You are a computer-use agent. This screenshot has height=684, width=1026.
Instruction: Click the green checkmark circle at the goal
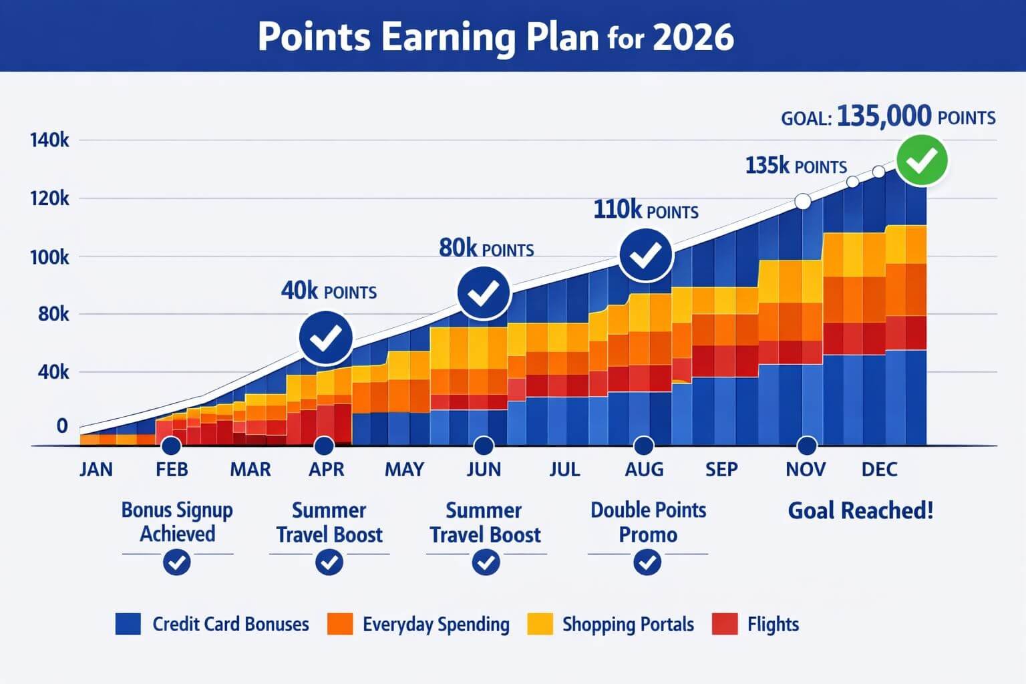point(922,160)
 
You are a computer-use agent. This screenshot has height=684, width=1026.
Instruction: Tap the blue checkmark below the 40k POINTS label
point(325,339)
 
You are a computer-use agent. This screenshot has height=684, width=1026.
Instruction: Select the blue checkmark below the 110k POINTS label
point(645,254)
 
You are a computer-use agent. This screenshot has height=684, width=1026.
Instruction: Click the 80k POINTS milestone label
point(486,248)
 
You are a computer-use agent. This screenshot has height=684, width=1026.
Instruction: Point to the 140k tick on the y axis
point(49,140)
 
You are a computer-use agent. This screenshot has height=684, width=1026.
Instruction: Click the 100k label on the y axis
point(49,256)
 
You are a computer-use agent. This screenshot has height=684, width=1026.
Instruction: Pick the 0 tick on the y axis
point(61,425)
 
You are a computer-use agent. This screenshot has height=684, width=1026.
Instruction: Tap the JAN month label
point(96,470)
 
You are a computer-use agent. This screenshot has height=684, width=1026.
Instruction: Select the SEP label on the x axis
point(721,470)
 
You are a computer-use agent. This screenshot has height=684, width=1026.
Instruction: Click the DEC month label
point(879,470)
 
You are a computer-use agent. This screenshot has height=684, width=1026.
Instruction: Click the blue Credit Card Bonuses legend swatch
point(128,624)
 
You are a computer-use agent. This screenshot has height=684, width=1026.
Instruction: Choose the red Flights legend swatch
point(725,624)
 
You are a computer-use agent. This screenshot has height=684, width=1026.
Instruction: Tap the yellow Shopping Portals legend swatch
point(540,624)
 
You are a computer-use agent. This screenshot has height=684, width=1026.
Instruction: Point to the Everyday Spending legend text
point(436,625)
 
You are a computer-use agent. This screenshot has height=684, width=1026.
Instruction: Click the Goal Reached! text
point(860,511)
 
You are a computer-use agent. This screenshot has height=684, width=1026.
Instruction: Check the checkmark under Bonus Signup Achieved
point(177,562)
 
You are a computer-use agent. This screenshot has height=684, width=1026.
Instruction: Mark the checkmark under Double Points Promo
point(647,562)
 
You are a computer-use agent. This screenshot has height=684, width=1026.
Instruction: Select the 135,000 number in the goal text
point(883,116)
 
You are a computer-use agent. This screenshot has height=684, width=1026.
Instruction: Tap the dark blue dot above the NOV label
point(806,446)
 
